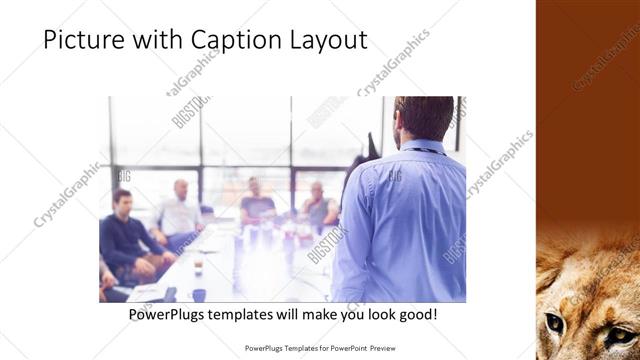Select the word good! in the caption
click(416, 314)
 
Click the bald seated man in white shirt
click(180, 210)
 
